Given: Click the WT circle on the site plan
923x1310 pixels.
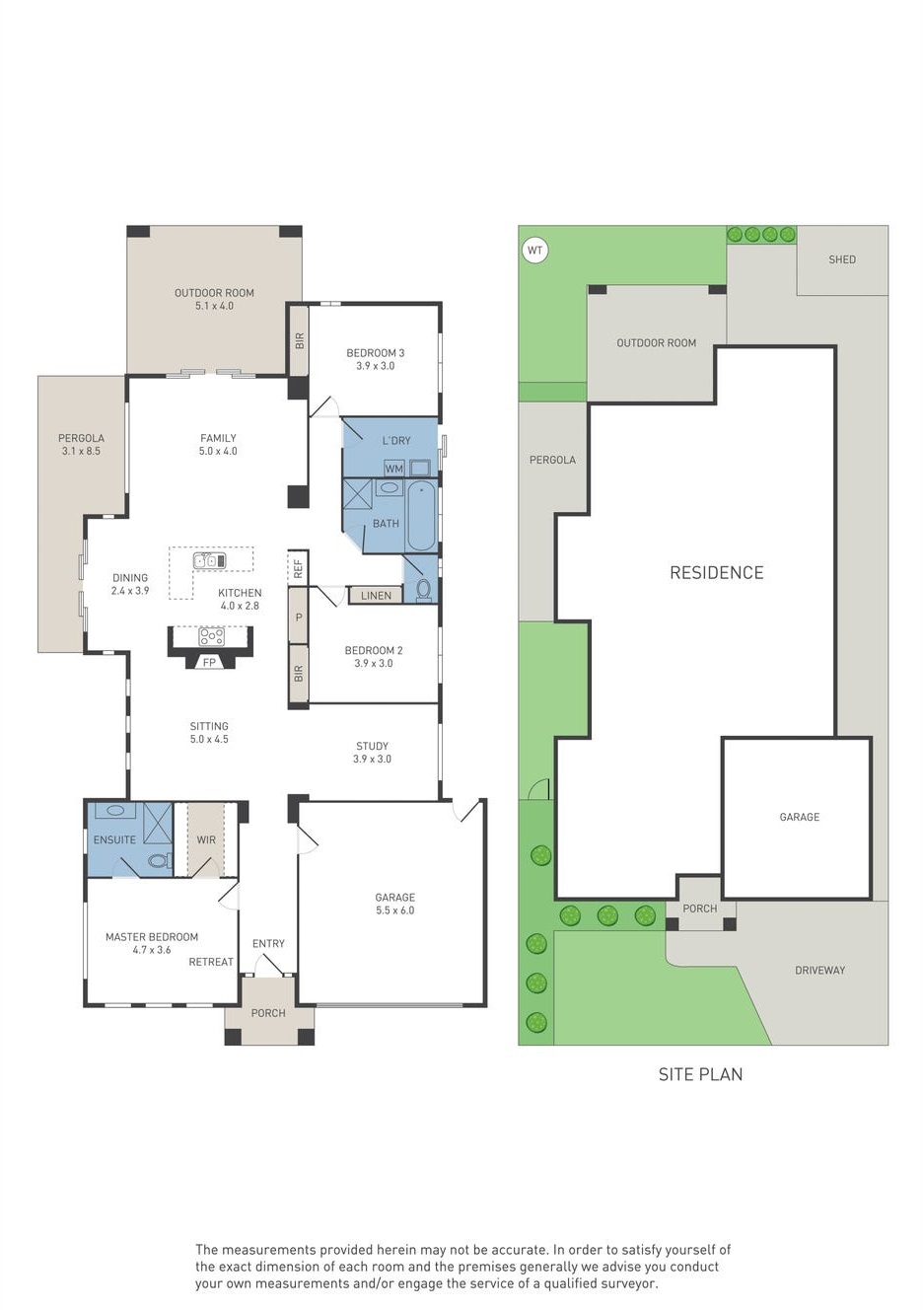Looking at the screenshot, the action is [534, 251].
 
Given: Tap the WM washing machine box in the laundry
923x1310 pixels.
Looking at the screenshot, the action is [394, 469].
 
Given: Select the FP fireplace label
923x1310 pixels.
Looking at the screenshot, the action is [209, 662].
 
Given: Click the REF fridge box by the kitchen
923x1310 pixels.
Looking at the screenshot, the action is [298, 568].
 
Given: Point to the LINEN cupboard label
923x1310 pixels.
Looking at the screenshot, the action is [376, 596].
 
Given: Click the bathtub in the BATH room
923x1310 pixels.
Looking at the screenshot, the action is [421, 515].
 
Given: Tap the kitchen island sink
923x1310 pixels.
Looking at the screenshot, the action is [209, 560].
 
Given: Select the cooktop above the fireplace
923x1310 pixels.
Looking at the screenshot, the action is [211, 636].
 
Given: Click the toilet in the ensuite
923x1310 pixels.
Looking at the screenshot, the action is [160, 860].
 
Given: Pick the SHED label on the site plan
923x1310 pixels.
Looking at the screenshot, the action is [842, 259].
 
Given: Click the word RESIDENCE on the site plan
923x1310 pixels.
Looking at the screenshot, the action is [717, 572].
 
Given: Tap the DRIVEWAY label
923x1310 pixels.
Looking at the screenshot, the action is [819, 971].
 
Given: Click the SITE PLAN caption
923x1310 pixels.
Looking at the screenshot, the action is [700, 1074].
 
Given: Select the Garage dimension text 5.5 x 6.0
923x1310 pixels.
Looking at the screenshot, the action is [395, 910].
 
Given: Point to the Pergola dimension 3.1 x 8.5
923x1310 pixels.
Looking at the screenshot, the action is [81, 451].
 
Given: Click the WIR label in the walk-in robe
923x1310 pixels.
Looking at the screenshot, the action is [206, 839].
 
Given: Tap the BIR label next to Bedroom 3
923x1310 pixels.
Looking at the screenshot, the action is [300, 341].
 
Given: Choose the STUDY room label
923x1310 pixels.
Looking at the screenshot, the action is [373, 746].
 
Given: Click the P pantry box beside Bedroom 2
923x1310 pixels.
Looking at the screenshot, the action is [299, 617].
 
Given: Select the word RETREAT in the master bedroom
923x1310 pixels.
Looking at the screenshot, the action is [211, 962].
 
